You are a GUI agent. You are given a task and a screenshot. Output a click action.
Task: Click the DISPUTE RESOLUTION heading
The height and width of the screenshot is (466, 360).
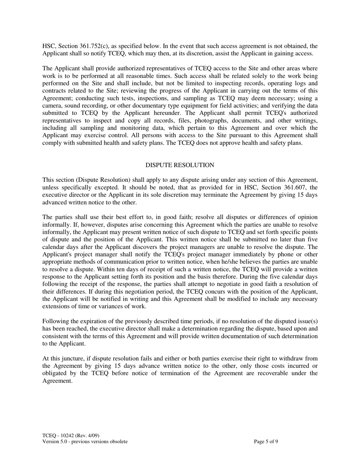[180, 165]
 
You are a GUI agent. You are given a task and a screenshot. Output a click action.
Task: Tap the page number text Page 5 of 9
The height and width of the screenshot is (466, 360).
[266, 441]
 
